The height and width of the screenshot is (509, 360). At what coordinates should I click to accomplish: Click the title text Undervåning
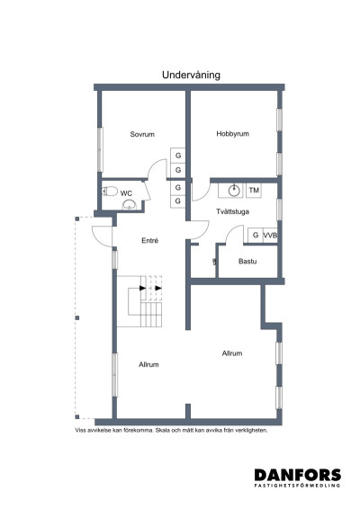point(192,76)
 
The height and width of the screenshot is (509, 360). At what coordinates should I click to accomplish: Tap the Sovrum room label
point(142,134)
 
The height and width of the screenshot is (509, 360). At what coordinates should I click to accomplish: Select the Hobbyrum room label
point(231,134)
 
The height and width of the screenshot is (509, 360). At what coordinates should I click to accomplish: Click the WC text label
point(127,192)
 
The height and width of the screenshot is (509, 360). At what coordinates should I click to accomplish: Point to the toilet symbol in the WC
point(110,191)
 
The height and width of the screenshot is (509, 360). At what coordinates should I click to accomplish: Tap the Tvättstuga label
point(232,211)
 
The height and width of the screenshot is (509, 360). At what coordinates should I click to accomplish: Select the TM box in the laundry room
point(254,191)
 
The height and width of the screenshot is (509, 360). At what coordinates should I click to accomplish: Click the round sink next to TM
point(234,190)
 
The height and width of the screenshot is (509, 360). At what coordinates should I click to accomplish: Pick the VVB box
point(270,236)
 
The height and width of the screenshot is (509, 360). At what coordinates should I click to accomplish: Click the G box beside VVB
point(256,236)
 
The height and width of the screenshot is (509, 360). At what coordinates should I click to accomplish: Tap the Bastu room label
point(247,261)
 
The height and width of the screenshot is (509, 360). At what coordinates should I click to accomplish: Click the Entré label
point(151,241)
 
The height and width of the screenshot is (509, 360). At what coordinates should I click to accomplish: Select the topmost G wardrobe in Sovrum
point(177,153)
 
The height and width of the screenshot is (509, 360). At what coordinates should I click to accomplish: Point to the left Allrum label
point(148,364)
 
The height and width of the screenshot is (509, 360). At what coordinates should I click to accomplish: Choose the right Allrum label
point(231,353)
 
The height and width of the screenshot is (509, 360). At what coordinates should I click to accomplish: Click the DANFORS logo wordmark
point(296,475)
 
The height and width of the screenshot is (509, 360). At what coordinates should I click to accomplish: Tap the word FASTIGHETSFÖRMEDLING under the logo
point(296,487)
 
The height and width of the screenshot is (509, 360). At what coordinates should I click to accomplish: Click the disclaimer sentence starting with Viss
point(172,430)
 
